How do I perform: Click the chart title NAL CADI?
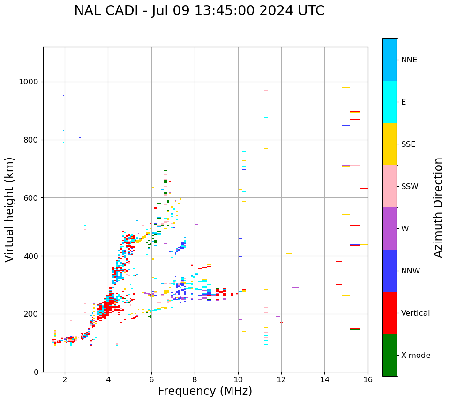coord(199,11)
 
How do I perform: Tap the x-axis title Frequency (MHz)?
coord(205,391)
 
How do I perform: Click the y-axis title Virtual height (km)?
coord(10,209)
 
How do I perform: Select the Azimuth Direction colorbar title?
coord(438,207)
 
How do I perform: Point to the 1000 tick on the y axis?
coord(31,82)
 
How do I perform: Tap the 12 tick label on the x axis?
coord(281,379)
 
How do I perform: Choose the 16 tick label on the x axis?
coord(368,379)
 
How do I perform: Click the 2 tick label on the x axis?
coord(65,379)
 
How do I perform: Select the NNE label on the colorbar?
coord(409,60)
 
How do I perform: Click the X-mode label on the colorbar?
coord(416,356)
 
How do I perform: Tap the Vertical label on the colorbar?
coord(415,313)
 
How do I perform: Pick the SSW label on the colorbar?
coord(410,187)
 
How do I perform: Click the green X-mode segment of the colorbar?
coord(389,355)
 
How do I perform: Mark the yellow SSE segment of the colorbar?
coord(389,144)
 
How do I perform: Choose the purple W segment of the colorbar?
coord(389,228)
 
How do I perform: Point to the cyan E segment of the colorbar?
coord(389,102)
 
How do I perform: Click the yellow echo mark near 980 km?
coord(346,87)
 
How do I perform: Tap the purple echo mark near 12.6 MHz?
coord(295,288)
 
